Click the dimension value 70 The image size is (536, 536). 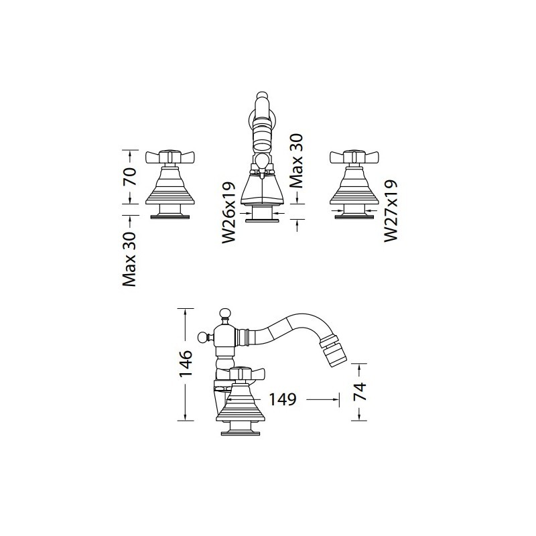click(131, 176)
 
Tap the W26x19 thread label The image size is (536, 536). click(229, 212)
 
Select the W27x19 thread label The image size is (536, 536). click(391, 211)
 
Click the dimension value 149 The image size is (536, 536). click(282, 399)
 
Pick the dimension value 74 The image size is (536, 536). click(360, 392)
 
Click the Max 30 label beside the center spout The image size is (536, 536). click(296, 161)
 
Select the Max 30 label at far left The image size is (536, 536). click(129, 259)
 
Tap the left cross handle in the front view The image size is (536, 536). click(170, 157)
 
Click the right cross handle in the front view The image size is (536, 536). click(354, 157)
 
